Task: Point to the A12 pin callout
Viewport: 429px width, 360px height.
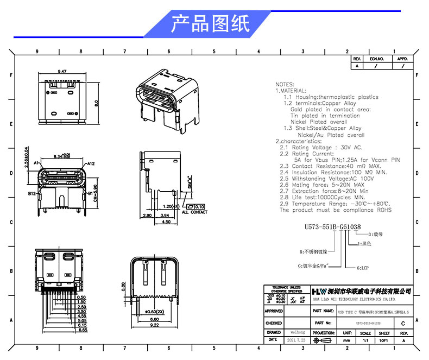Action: [91, 163]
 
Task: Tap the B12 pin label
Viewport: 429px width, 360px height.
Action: [32, 193]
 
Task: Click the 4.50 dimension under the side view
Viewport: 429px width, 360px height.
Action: [167, 222]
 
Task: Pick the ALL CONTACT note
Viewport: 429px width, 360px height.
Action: [194, 212]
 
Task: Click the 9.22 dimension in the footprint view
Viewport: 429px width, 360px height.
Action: [154, 326]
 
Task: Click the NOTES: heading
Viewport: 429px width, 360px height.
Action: [285, 85]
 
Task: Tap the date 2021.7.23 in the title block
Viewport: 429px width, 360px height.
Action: [296, 340]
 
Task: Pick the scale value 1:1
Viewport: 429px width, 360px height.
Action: [365, 340]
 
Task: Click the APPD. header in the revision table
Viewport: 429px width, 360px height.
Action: [402, 59]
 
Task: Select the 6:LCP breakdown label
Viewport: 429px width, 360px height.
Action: [364, 268]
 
